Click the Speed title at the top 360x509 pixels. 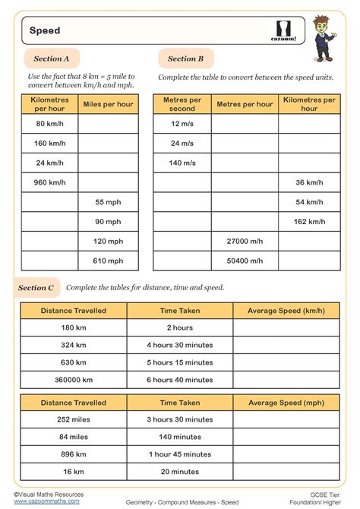[45, 31]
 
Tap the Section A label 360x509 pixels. [52, 58]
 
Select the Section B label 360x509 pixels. [185, 58]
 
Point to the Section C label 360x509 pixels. [36, 288]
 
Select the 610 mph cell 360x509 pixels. [109, 261]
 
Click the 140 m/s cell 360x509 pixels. [182, 163]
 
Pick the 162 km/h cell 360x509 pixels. [309, 222]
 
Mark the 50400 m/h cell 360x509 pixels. [245, 261]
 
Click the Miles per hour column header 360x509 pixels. [109, 103]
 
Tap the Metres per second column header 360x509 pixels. [182, 103]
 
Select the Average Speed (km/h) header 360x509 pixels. [286, 311]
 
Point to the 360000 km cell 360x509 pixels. [74, 379]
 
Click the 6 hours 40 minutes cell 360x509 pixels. [180, 379]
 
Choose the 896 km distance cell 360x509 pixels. [74, 454]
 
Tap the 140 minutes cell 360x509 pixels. [180, 437]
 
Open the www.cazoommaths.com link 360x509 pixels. [47, 501]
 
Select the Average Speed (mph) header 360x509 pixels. [286, 403]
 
